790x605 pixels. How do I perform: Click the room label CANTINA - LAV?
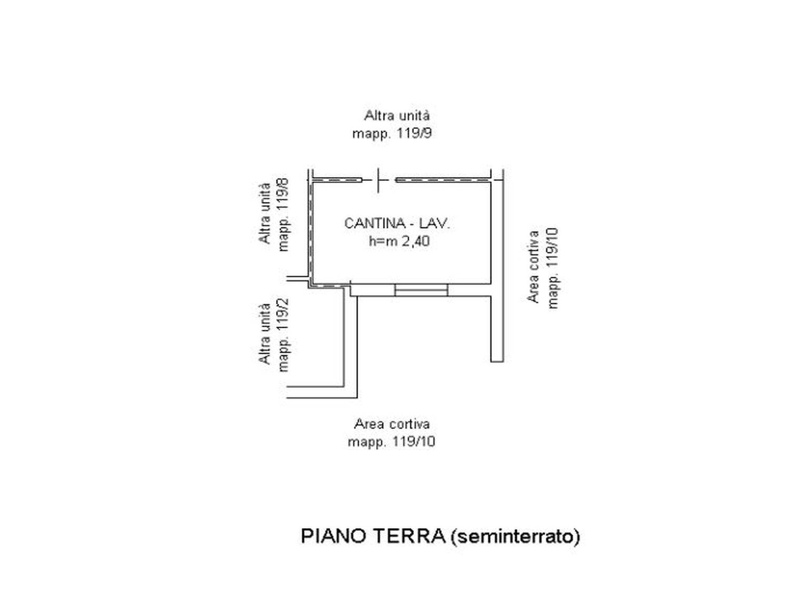(397, 223)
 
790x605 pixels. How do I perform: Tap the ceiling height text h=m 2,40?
(399, 241)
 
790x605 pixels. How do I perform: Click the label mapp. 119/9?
(392, 134)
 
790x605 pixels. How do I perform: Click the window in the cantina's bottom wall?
(421, 290)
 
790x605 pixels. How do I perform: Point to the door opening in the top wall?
(379, 180)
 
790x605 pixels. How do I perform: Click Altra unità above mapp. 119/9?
(397, 116)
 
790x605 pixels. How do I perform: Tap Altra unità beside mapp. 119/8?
(264, 213)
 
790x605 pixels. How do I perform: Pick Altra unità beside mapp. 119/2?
(264, 334)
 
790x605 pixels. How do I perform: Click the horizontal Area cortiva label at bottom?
(392, 424)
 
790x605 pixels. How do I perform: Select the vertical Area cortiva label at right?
(533, 267)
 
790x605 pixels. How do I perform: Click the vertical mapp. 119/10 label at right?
(552, 268)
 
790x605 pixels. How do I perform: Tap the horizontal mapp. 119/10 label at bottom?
(391, 442)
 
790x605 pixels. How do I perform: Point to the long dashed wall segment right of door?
(443, 180)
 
